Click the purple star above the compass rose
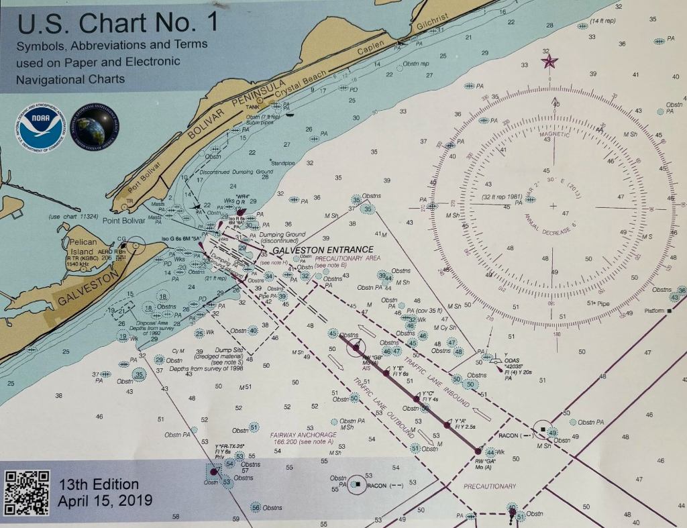pyautogui.click(x=549, y=62)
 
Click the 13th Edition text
pyautogui.click(x=99, y=484)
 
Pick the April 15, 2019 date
pyautogui.click(x=105, y=500)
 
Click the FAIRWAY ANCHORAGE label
pyautogui.click(x=302, y=435)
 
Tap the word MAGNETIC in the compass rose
pyautogui.click(x=553, y=134)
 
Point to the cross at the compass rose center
pyautogui.click(x=553, y=205)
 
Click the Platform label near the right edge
pyautogui.click(x=651, y=311)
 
